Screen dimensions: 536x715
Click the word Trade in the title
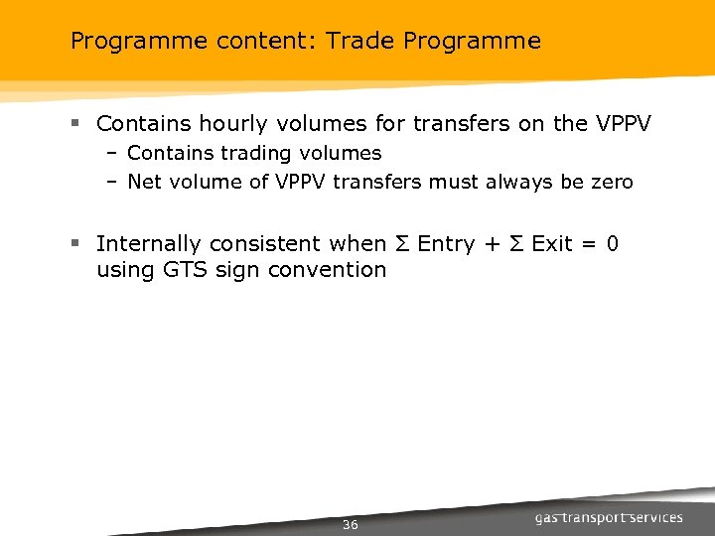(x=355, y=41)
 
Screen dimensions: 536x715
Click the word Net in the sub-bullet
(x=144, y=182)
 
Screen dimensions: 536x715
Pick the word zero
(x=611, y=182)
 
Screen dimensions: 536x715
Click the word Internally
(x=155, y=244)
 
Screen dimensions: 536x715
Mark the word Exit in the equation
(x=552, y=244)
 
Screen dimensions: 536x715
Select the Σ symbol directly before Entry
(x=403, y=244)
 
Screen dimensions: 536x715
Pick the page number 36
(x=350, y=525)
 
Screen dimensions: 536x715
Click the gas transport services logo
(x=609, y=517)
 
